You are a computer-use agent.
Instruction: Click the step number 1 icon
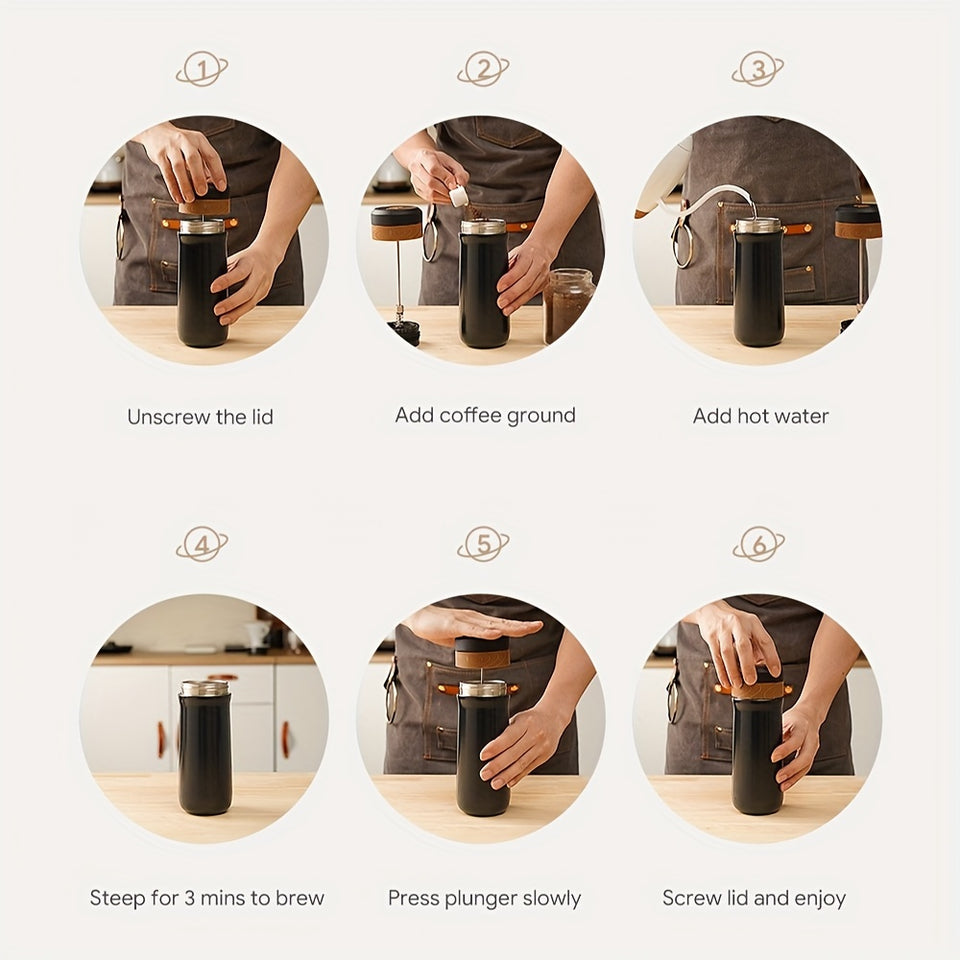pyautogui.click(x=203, y=70)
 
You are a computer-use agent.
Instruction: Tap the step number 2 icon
pyautogui.click(x=484, y=70)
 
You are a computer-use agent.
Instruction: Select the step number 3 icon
pyautogui.click(x=758, y=70)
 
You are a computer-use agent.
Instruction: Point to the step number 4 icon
pyautogui.click(x=203, y=545)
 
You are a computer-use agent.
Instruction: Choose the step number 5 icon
pyautogui.click(x=484, y=545)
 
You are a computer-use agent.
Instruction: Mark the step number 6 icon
pyautogui.click(x=758, y=545)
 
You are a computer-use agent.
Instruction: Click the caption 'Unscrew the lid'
pyautogui.click(x=200, y=417)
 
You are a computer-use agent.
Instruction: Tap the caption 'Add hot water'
pyautogui.click(x=760, y=416)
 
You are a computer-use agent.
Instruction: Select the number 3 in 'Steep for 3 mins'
pyautogui.click(x=190, y=898)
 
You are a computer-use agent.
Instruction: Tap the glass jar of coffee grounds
pyautogui.click(x=569, y=304)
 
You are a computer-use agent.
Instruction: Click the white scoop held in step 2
pyautogui.click(x=459, y=196)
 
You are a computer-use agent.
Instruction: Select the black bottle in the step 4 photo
pyautogui.click(x=204, y=750)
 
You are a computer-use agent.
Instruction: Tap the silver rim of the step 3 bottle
pyautogui.click(x=757, y=226)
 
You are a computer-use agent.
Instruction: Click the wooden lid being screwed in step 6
pyautogui.click(x=757, y=688)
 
